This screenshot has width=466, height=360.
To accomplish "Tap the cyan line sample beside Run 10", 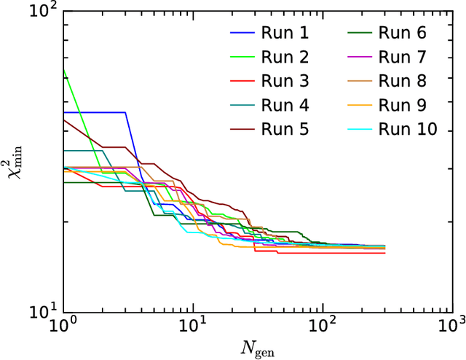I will tap(356, 130).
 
